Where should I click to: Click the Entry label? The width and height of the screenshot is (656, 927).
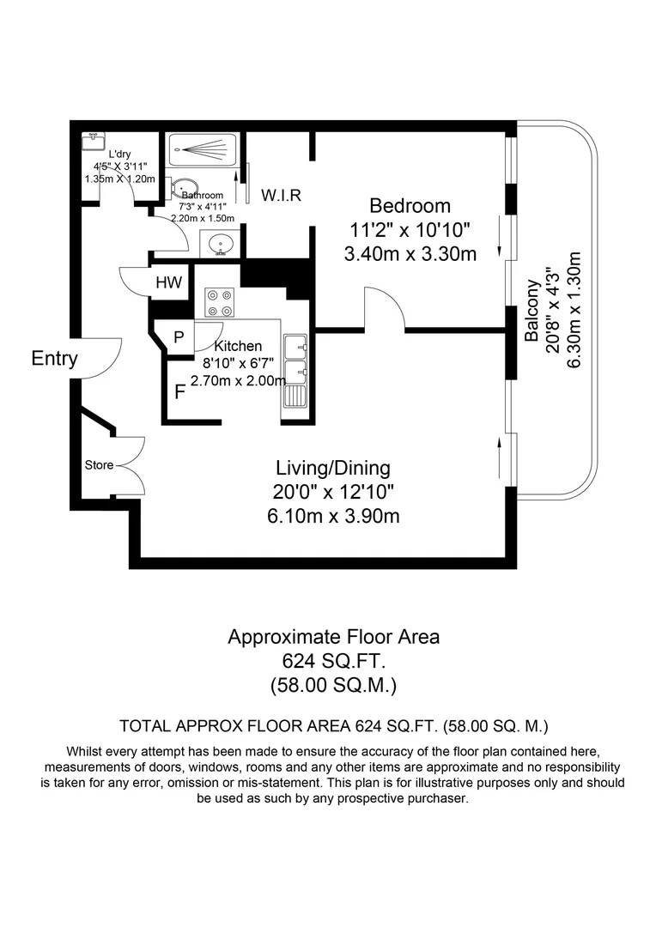[x=54, y=359]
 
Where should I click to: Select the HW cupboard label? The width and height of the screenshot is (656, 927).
[x=168, y=283]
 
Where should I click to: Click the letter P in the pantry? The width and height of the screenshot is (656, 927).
[x=179, y=337]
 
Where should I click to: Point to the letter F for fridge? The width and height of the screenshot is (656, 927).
[x=179, y=393]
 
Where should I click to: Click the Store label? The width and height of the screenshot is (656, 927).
[x=99, y=465]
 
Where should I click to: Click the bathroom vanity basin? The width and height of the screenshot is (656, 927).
[x=220, y=243]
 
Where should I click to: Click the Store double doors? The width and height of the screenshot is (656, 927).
[x=129, y=466]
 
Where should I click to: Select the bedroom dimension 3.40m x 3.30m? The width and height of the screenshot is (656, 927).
[x=410, y=254]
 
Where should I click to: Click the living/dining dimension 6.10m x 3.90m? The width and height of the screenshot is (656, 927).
[x=332, y=516]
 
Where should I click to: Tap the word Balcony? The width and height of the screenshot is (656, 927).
[x=532, y=312]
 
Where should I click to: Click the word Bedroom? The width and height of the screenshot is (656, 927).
[x=410, y=206]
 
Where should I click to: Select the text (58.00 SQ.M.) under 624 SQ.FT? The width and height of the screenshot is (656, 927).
[x=333, y=685]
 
